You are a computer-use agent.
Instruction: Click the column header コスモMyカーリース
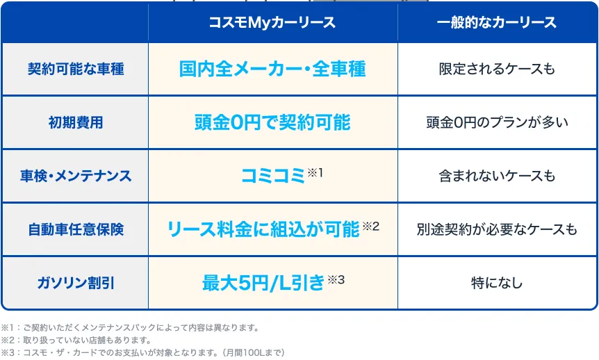click(272, 22)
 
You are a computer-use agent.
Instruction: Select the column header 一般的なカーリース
click(497, 22)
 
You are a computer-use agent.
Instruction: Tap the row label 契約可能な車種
click(76, 69)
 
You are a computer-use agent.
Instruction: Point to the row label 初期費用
click(76, 123)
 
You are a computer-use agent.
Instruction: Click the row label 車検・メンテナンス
click(76, 177)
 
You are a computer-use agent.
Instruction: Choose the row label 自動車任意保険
click(76, 229)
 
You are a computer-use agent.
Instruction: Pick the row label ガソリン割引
click(76, 283)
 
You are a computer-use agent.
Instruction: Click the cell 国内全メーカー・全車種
click(272, 69)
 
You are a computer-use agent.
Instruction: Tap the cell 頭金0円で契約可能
click(272, 123)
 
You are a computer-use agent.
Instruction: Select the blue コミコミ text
click(273, 177)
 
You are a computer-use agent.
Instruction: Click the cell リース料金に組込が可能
click(263, 229)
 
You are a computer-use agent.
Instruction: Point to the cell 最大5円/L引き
click(263, 283)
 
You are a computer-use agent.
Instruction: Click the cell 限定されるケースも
click(497, 69)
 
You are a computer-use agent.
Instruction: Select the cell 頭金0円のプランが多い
click(497, 123)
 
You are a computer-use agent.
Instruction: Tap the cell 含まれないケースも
click(497, 177)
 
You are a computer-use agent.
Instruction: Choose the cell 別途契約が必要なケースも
click(497, 229)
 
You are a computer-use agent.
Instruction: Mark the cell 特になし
click(497, 283)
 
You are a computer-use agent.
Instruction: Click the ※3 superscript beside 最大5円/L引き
click(336, 280)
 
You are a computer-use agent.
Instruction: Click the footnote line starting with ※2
click(76, 340)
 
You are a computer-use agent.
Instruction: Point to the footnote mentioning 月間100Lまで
click(142, 352)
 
